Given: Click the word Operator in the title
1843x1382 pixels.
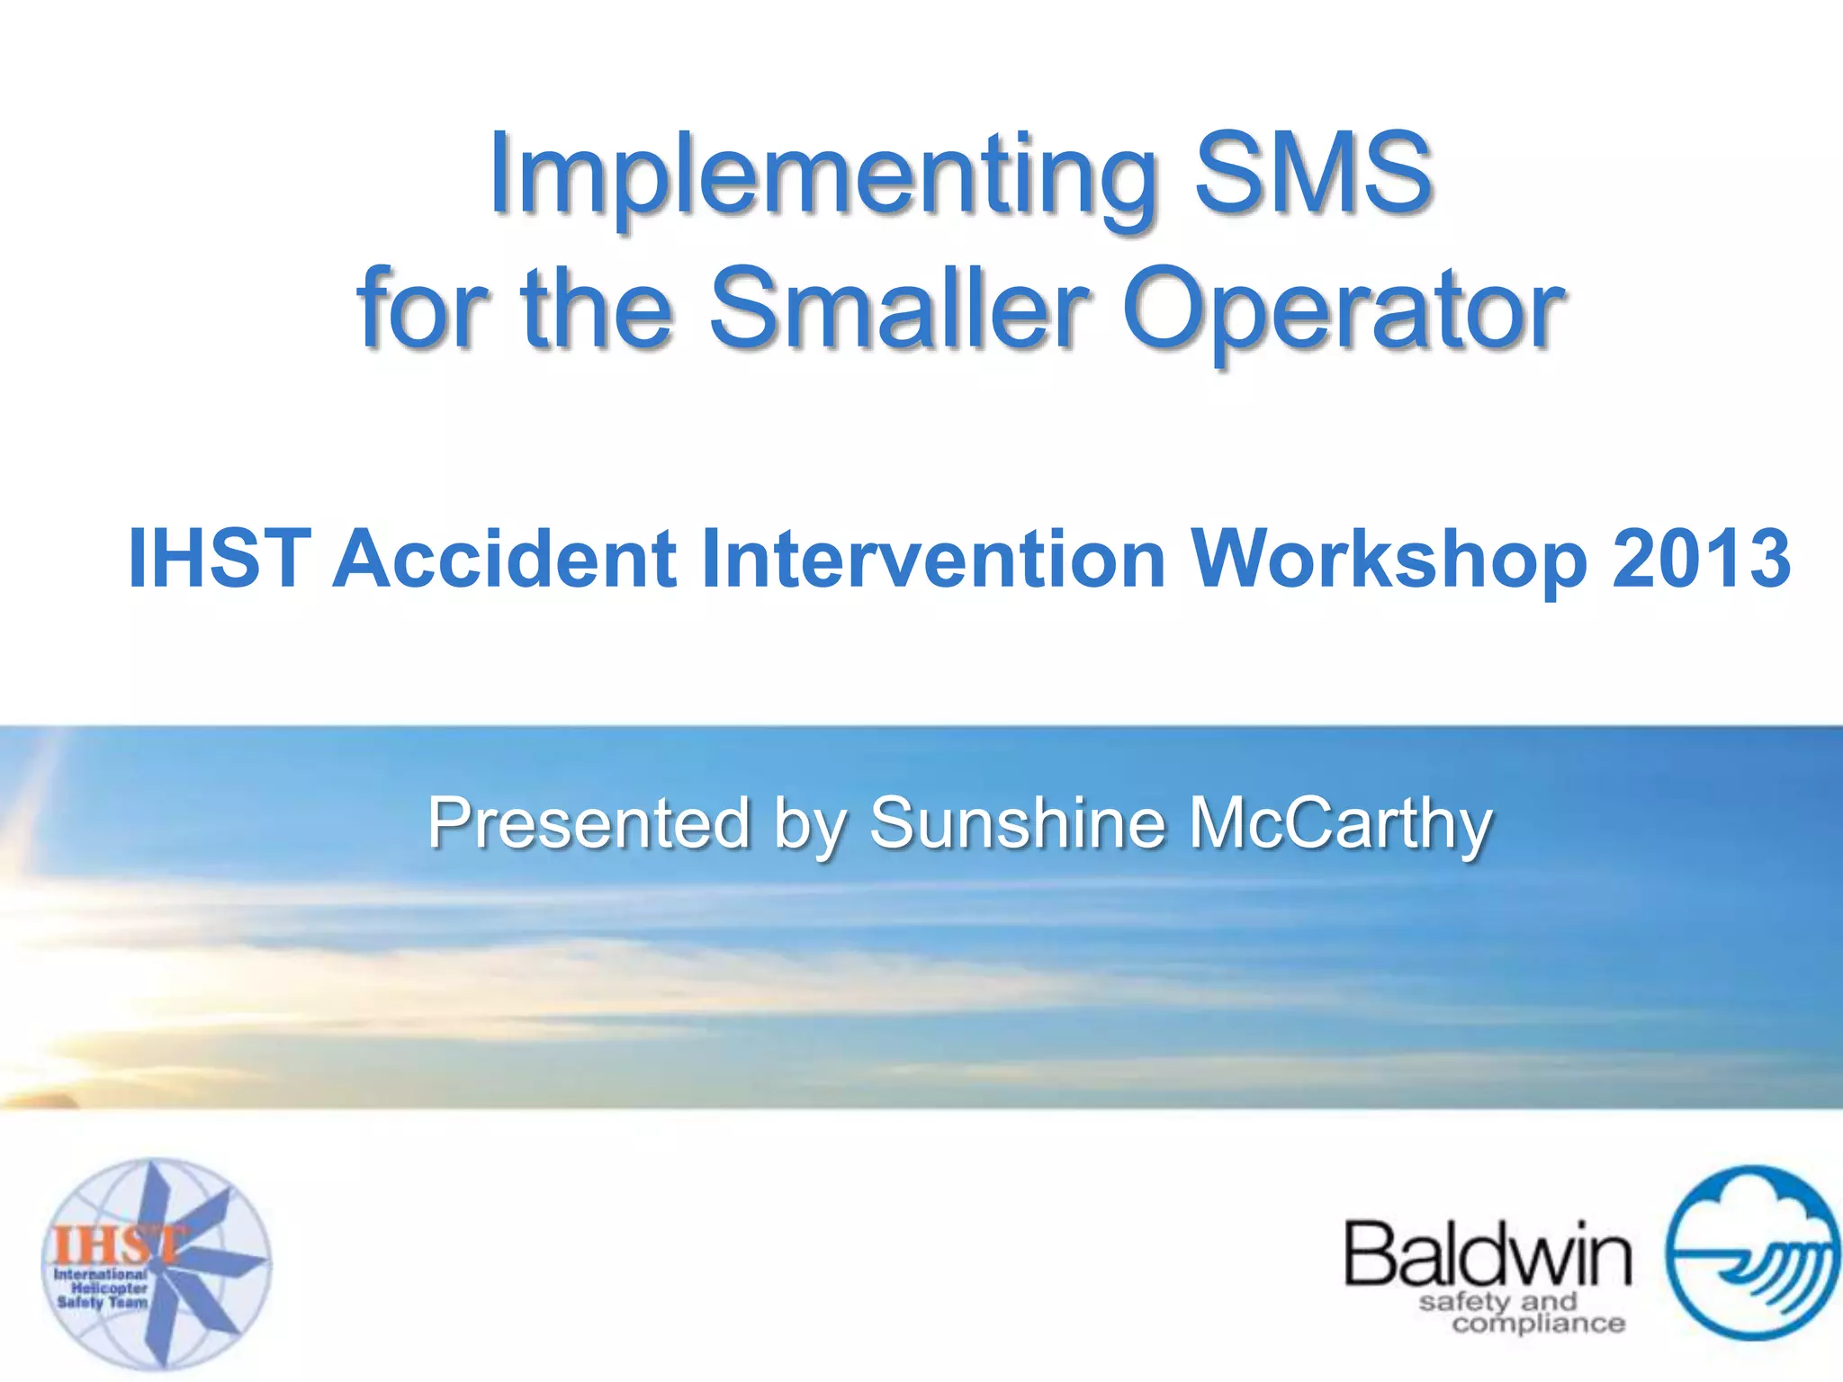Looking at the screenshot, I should tap(1344, 310).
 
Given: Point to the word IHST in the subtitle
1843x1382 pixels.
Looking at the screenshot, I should tap(220, 559).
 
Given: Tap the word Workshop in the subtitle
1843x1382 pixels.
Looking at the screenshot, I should tap(1389, 561).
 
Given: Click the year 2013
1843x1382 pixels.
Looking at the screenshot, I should tap(1701, 559).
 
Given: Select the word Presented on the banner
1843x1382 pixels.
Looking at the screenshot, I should tap(589, 822).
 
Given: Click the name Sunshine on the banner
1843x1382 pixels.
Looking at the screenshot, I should tap(1017, 822).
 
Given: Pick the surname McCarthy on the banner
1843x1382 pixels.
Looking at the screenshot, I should tap(1340, 824).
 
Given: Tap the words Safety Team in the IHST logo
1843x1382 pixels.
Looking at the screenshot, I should tap(102, 1302).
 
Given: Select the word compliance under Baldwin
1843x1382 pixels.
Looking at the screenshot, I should tap(1538, 1324).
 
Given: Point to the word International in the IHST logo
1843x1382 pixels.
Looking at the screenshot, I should tap(100, 1274).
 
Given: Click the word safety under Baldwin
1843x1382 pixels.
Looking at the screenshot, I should tap(1463, 1302).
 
